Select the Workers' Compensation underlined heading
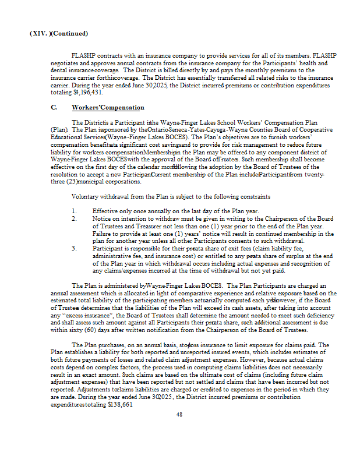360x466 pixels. click(x=108, y=108)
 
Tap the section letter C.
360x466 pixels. click(x=54, y=108)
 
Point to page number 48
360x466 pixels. click(x=179, y=414)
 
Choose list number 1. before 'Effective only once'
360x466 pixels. click(x=75, y=210)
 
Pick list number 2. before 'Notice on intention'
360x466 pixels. click(x=75, y=218)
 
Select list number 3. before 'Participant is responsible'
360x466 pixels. click(x=75, y=248)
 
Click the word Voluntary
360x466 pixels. click(x=85, y=196)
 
